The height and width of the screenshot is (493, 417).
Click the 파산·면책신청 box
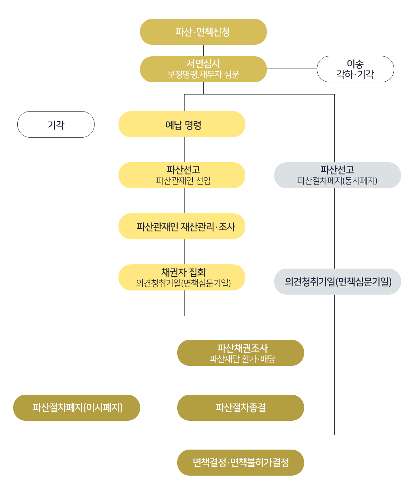click(203, 32)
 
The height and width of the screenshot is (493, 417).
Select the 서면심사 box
click(203, 69)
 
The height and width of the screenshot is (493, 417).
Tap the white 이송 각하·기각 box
click(355, 69)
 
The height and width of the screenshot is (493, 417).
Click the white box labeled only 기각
click(56, 124)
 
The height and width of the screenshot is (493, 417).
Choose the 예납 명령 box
click(182, 124)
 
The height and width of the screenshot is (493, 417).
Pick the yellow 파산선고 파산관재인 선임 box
click(182, 175)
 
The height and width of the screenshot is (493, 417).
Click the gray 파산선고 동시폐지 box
click(337, 175)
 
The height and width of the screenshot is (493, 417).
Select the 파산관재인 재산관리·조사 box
click(182, 226)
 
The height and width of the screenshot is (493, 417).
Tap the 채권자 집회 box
click(182, 277)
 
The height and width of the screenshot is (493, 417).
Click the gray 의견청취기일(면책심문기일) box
click(337, 282)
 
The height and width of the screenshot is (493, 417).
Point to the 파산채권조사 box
click(240, 353)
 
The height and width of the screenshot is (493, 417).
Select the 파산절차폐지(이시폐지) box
click(76, 408)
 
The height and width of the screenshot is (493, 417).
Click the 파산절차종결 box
click(240, 408)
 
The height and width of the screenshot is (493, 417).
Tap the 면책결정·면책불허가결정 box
click(240, 462)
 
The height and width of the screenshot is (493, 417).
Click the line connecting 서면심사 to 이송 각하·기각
click(292, 68)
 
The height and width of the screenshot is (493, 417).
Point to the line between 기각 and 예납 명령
click(106, 125)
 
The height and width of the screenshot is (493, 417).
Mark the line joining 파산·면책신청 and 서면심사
click(204, 51)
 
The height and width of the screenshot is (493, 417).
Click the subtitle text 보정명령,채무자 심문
click(203, 75)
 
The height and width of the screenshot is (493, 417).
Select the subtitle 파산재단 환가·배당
click(242, 359)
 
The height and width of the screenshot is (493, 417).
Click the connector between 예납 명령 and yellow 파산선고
click(185, 150)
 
